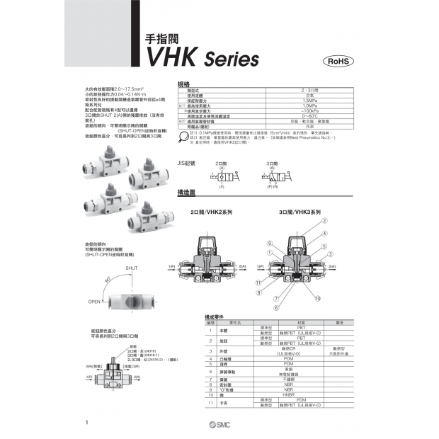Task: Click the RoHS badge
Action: pyautogui.click(x=338, y=62)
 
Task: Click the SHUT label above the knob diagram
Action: pyautogui.click(x=131, y=270)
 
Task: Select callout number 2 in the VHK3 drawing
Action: pyautogui.click(x=324, y=222)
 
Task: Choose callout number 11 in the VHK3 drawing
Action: pyautogui.click(x=258, y=283)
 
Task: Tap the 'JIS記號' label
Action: pyautogui.click(x=186, y=164)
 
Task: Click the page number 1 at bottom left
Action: pyautogui.click(x=85, y=423)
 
